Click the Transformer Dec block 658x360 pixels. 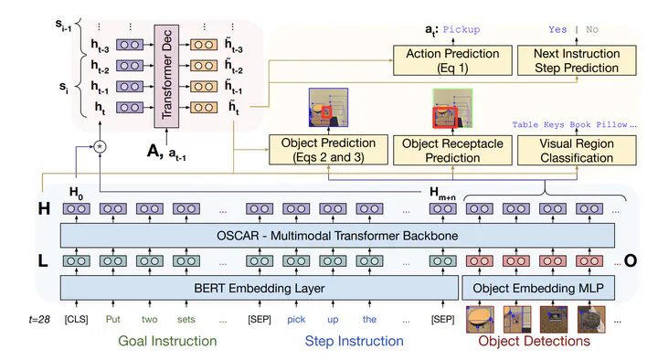166,76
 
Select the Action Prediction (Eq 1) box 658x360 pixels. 452,60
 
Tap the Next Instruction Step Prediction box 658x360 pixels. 577,60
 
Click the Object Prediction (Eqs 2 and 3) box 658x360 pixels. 328,150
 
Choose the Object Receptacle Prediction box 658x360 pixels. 452,150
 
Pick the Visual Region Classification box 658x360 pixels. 577,150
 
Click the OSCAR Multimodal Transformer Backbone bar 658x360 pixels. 337,236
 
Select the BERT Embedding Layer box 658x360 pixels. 260,288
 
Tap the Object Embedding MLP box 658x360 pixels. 538,288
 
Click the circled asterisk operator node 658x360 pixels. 100,146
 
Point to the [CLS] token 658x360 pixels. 77,319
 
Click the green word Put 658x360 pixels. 113,319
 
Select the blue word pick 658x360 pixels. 296,320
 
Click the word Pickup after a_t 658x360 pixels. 462,29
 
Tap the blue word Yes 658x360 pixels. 557,29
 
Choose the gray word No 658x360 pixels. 592,29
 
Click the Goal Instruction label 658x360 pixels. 167,341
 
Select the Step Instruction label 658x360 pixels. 355,341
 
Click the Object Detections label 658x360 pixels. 535,341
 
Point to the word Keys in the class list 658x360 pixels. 554,124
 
